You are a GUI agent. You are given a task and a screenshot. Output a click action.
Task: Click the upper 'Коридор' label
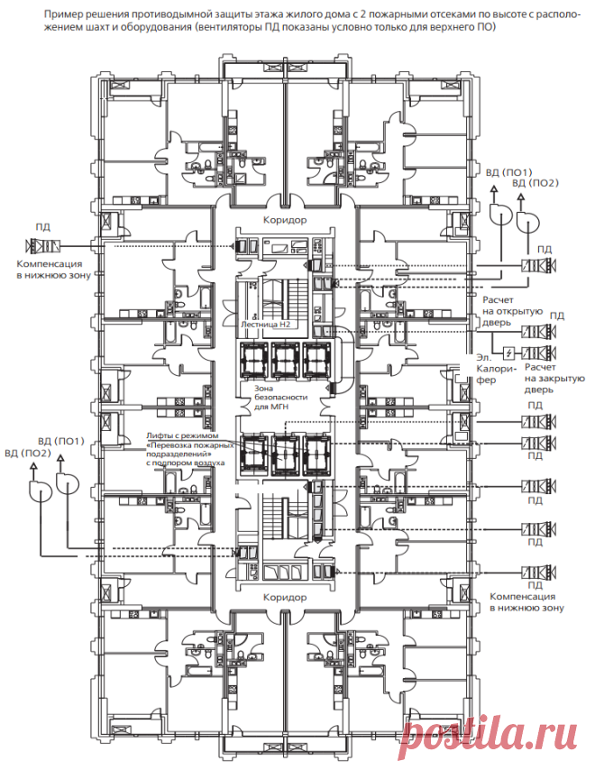285,220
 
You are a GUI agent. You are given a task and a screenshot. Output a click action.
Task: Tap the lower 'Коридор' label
285,598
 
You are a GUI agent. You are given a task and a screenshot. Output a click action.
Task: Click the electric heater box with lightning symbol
509,353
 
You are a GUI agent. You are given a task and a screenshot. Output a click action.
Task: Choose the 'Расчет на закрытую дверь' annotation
554,378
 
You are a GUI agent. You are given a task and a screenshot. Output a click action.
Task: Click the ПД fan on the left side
42,245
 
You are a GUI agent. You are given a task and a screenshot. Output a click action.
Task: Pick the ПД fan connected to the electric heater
539,353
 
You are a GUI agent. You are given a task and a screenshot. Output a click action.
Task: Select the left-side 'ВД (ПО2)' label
28,453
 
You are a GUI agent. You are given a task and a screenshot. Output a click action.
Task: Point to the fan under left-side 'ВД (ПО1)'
68,482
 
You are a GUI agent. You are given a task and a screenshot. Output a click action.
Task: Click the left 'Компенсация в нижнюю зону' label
53,270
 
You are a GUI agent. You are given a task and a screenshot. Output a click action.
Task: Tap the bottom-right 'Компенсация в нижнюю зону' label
526,602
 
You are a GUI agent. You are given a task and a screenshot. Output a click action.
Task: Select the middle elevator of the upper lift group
285,359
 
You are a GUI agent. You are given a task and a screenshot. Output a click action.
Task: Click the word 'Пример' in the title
59,15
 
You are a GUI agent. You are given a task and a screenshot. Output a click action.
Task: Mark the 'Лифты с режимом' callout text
181,435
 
